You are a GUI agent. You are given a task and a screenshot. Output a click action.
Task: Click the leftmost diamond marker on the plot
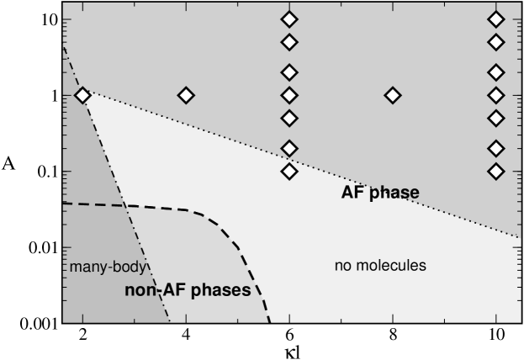82,96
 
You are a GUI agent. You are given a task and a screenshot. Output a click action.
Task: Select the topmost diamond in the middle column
289,19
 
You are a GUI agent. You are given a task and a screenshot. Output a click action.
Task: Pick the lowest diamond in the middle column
289,171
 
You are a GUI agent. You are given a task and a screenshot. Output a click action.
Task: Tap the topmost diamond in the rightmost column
496,19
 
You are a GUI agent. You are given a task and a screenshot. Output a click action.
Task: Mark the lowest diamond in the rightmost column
496,171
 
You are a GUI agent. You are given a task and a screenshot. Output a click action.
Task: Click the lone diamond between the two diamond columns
393,96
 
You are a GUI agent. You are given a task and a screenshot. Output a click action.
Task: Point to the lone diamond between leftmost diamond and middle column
186,96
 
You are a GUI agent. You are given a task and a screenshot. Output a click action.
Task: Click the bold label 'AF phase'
380,193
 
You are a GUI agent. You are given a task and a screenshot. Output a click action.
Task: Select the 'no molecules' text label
381,266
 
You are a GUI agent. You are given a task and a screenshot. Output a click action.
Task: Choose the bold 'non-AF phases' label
188,292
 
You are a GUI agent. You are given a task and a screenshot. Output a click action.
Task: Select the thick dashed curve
227,236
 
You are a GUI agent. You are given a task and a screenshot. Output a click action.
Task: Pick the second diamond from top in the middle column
289,42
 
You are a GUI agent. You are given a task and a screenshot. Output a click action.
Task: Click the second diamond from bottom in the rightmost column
496,148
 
